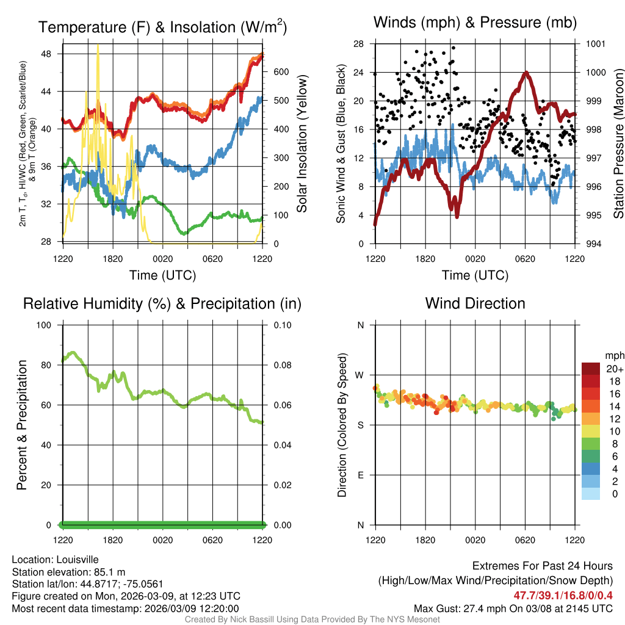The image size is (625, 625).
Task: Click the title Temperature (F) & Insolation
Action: point(162,27)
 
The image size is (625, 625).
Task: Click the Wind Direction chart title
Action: point(475,303)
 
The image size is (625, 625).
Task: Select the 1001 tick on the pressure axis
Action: point(594,44)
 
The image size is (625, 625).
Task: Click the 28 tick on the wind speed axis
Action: point(359,44)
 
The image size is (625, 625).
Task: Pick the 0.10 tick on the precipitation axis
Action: point(281,325)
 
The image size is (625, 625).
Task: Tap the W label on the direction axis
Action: point(360,375)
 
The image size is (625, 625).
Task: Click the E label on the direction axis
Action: point(360,475)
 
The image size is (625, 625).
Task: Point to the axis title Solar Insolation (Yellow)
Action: point(302,144)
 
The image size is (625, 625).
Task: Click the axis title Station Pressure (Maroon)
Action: point(618,144)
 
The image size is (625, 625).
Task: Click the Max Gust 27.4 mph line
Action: point(513,608)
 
